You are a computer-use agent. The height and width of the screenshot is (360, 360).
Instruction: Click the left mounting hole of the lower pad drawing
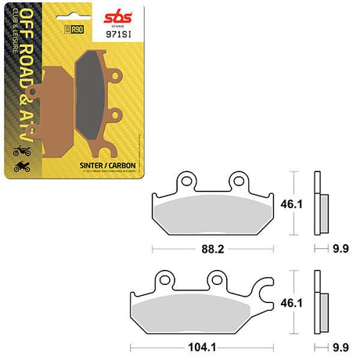pyautogui.click(x=165, y=279)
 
